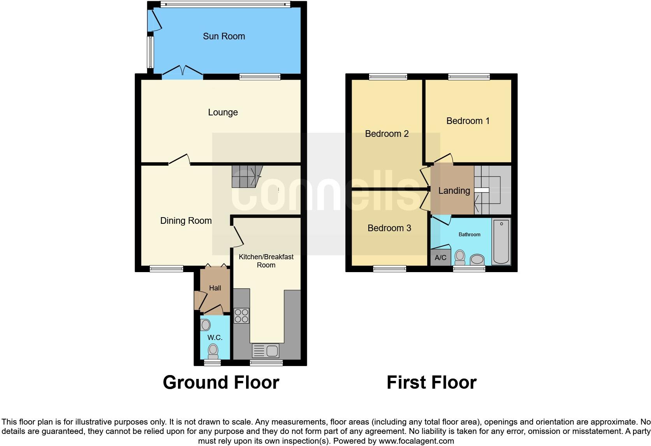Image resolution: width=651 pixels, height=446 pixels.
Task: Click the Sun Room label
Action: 224,36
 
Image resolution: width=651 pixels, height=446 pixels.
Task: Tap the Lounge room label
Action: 223,112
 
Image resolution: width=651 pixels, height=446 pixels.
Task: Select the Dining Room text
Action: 186,221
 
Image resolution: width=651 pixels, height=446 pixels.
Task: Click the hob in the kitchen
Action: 241,315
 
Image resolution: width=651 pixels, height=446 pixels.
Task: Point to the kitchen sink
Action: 266,351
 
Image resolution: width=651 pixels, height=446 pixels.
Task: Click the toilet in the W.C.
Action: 213,350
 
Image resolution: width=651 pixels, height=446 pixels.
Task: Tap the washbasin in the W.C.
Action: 206,325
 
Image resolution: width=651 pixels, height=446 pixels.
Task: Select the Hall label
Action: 215,288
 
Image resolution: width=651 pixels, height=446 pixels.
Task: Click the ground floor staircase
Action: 246,176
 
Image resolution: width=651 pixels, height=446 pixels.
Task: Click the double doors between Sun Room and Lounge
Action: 182,72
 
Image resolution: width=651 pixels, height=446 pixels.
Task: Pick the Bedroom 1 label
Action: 468,121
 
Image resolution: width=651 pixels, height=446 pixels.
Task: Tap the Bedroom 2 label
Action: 387,134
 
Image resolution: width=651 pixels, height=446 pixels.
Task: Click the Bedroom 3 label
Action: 389,228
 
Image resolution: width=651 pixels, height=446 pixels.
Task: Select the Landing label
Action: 454,191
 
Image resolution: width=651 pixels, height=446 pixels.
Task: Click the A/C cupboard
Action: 440,258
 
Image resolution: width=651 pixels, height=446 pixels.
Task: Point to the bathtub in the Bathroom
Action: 501,242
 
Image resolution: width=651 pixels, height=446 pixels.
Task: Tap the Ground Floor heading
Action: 221,382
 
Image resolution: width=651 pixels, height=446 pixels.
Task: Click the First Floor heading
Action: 431,382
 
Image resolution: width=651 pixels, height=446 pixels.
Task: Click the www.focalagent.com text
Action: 416,441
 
